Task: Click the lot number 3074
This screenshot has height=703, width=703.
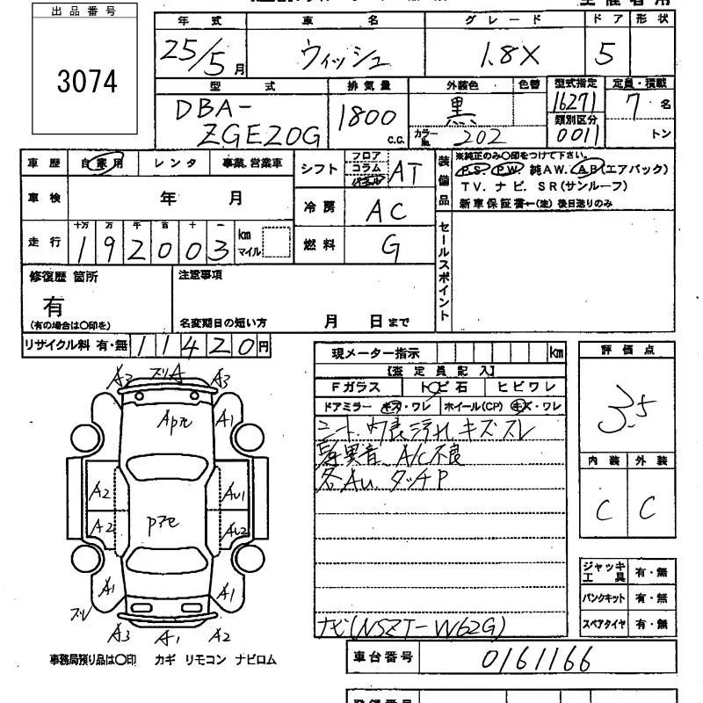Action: click(87, 82)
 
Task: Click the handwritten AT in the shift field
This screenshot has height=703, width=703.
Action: click(404, 173)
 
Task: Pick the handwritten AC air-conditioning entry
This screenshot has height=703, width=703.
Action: click(386, 209)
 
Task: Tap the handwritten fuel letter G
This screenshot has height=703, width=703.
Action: click(388, 246)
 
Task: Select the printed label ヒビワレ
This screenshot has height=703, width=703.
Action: click(526, 388)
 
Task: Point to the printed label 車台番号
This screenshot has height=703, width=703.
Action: click(381, 656)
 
